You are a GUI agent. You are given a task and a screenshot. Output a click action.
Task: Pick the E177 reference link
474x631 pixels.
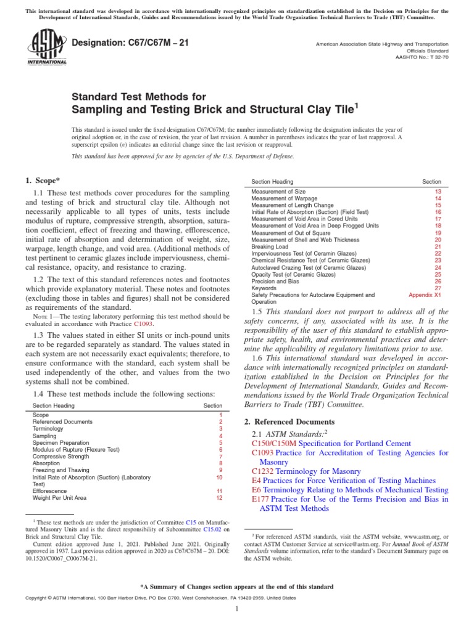point(261,499)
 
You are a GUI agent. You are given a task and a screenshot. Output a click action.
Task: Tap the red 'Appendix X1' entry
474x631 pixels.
point(425,295)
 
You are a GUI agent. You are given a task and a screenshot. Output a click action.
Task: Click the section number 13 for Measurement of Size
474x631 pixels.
point(438,192)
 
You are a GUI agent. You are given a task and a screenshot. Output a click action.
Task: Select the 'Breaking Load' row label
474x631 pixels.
point(269,246)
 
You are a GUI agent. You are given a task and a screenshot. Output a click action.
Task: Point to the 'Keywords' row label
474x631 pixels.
point(264,288)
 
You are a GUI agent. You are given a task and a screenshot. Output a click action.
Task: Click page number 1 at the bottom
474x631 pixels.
point(237,609)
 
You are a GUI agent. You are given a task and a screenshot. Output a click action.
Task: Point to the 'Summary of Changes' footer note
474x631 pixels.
point(237,587)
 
